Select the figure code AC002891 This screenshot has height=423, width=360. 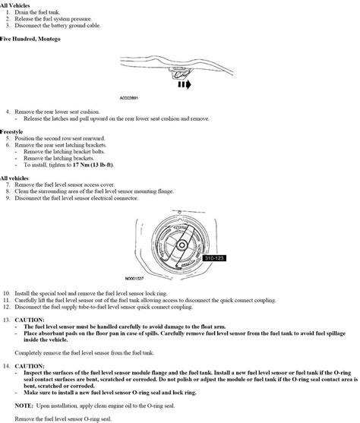(133, 98)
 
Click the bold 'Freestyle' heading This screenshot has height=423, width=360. (14, 132)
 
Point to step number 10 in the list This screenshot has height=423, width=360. (7, 292)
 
